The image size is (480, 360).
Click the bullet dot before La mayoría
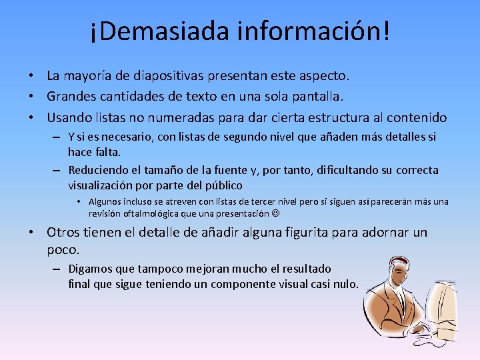pyautogui.click(x=31, y=77)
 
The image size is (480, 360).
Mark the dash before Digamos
pyautogui.click(x=58, y=269)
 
